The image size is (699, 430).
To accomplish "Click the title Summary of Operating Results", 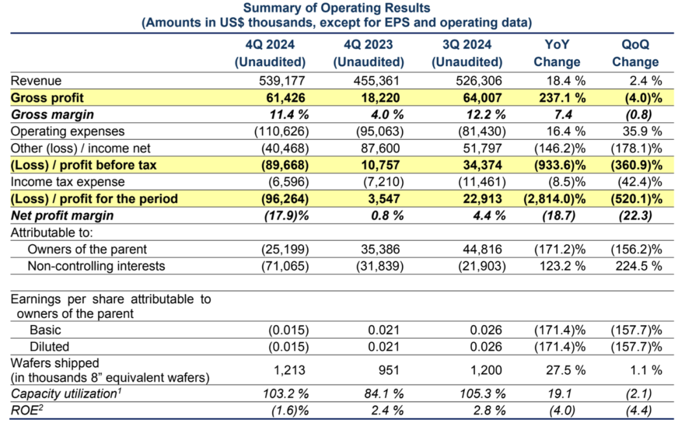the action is pyautogui.click(x=337, y=8).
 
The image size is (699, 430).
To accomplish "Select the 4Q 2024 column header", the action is pyautogui.click(x=270, y=53).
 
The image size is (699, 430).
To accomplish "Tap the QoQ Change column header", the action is pyautogui.click(x=636, y=53).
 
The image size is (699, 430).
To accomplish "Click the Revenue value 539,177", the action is pyautogui.click(x=282, y=81).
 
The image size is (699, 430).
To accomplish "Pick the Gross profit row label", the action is pyautogui.click(x=47, y=98).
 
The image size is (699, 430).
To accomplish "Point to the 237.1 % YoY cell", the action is pyautogui.click(x=562, y=98).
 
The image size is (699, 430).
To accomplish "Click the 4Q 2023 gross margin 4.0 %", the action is pyautogui.click(x=388, y=115).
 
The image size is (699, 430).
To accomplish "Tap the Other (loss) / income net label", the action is pyautogui.click(x=81, y=148).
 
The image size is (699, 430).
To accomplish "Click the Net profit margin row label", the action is pyautogui.click(x=62, y=216).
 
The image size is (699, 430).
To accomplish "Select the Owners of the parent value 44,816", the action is pyautogui.click(x=482, y=249).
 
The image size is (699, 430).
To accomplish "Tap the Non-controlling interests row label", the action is pyautogui.click(x=96, y=266).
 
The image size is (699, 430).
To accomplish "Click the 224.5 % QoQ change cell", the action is pyautogui.click(x=639, y=266).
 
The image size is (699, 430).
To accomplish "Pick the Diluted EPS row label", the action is pyautogui.click(x=49, y=346).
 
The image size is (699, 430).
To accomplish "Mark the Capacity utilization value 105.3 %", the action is pyautogui.click(x=483, y=394).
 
